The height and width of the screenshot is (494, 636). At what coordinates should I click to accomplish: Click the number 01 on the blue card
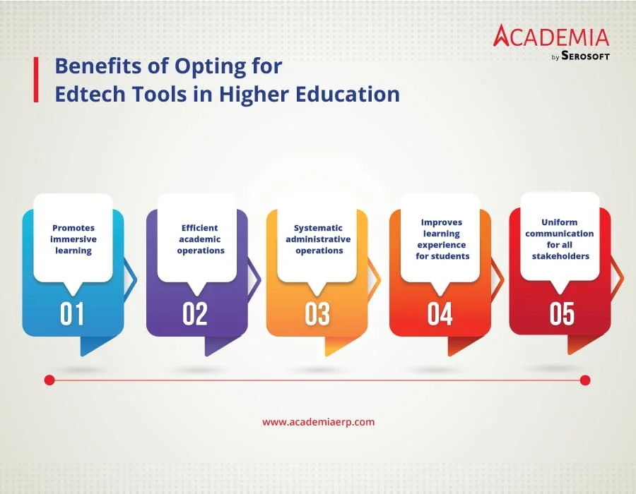pos(72,314)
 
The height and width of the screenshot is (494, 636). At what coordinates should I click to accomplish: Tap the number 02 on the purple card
pos(195,314)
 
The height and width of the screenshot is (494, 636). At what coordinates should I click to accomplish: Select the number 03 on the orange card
pos(317,314)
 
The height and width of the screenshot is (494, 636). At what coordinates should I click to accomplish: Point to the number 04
pos(440,314)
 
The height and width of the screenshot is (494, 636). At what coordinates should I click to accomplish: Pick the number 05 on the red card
pos(563,314)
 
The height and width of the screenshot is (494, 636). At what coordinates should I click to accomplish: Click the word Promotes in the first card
pos(73,228)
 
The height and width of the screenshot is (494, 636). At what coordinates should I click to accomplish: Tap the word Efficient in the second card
pos(199,228)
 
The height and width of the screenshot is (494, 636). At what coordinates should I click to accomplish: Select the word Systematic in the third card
pos(318,229)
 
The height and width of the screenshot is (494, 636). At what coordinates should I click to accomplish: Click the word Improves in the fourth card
pos(442,223)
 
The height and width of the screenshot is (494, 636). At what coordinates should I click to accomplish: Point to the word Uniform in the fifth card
pos(560,222)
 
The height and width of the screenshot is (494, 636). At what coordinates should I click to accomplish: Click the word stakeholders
pos(560,256)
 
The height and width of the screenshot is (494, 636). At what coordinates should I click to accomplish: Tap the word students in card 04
pos(451,256)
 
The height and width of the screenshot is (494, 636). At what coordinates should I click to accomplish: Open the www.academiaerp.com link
pos(319,422)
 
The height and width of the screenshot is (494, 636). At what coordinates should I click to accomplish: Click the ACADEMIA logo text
pos(551,35)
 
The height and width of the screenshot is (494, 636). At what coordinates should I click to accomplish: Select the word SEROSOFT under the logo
pos(585,56)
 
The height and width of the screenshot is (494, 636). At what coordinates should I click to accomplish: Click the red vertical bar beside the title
pos(36,79)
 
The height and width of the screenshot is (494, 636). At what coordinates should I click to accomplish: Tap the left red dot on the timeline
pos(49,380)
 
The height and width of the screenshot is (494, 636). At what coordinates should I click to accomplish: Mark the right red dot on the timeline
pos(585,380)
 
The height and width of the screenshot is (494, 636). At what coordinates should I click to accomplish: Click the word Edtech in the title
pos(90,94)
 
